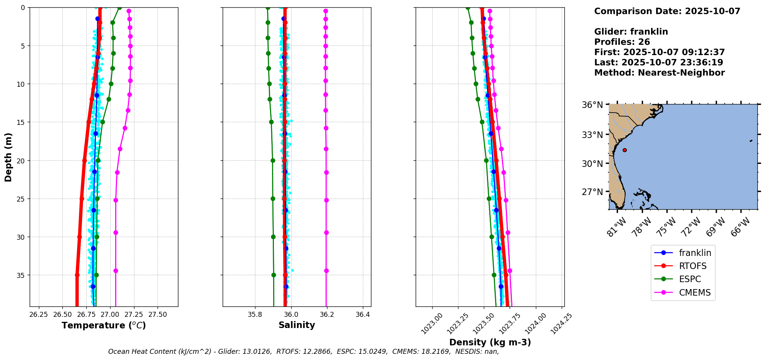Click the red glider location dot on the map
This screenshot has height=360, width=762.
pyautogui.click(x=624, y=150)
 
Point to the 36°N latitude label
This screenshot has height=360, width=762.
pyautogui.click(x=592, y=105)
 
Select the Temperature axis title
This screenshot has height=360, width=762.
pyautogui.click(x=104, y=326)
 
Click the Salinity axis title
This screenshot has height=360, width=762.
pyautogui.click(x=297, y=325)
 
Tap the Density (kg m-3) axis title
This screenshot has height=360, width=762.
pyautogui.click(x=490, y=342)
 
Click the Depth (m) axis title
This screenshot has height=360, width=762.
pyautogui.click(x=8, y=157)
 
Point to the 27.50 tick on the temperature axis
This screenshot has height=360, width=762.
pyautogui.click(x=158, y=315)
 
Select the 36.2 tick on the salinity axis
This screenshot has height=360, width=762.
pyautogui.click(x=327, y=315)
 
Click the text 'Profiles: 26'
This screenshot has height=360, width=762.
pyautogui.click(x=622, y=42)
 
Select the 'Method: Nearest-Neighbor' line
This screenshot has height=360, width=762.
pyautogui.click(x=659, y=73)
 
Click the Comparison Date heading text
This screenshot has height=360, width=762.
pyautogui.click(x=667, y=11)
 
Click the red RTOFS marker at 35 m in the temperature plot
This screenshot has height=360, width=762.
pyautogui.click(x=77, y=275)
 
